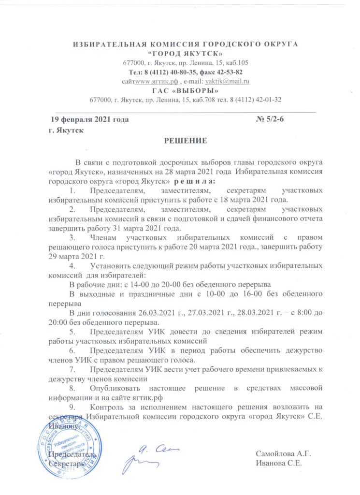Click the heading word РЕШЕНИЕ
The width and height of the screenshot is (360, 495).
[x=186, y=141]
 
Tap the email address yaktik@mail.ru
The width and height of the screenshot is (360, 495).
[x=228, y=82]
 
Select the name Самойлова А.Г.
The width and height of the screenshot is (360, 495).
[x=283, y=454]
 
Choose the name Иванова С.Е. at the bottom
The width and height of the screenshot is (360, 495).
[x=280, y=463]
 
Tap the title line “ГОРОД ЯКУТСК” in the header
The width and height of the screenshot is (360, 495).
[x=186, y=53]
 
